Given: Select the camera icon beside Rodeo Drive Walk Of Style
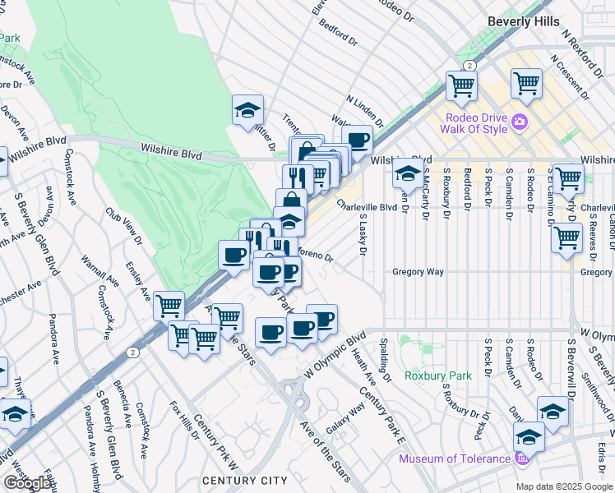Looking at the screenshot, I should coord(519,123).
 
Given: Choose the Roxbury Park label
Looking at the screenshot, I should coord(438,376).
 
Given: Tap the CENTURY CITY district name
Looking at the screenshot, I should coord(245,481).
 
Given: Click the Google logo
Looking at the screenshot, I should coord(28,483).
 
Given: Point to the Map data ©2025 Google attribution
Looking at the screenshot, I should coord(565,486).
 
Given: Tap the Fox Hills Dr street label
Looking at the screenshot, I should coord(184,419).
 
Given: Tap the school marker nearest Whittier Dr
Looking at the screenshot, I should coord(246,112).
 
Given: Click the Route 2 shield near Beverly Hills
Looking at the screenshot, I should coord(468,65).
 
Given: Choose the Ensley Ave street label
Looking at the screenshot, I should coord(136,281).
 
